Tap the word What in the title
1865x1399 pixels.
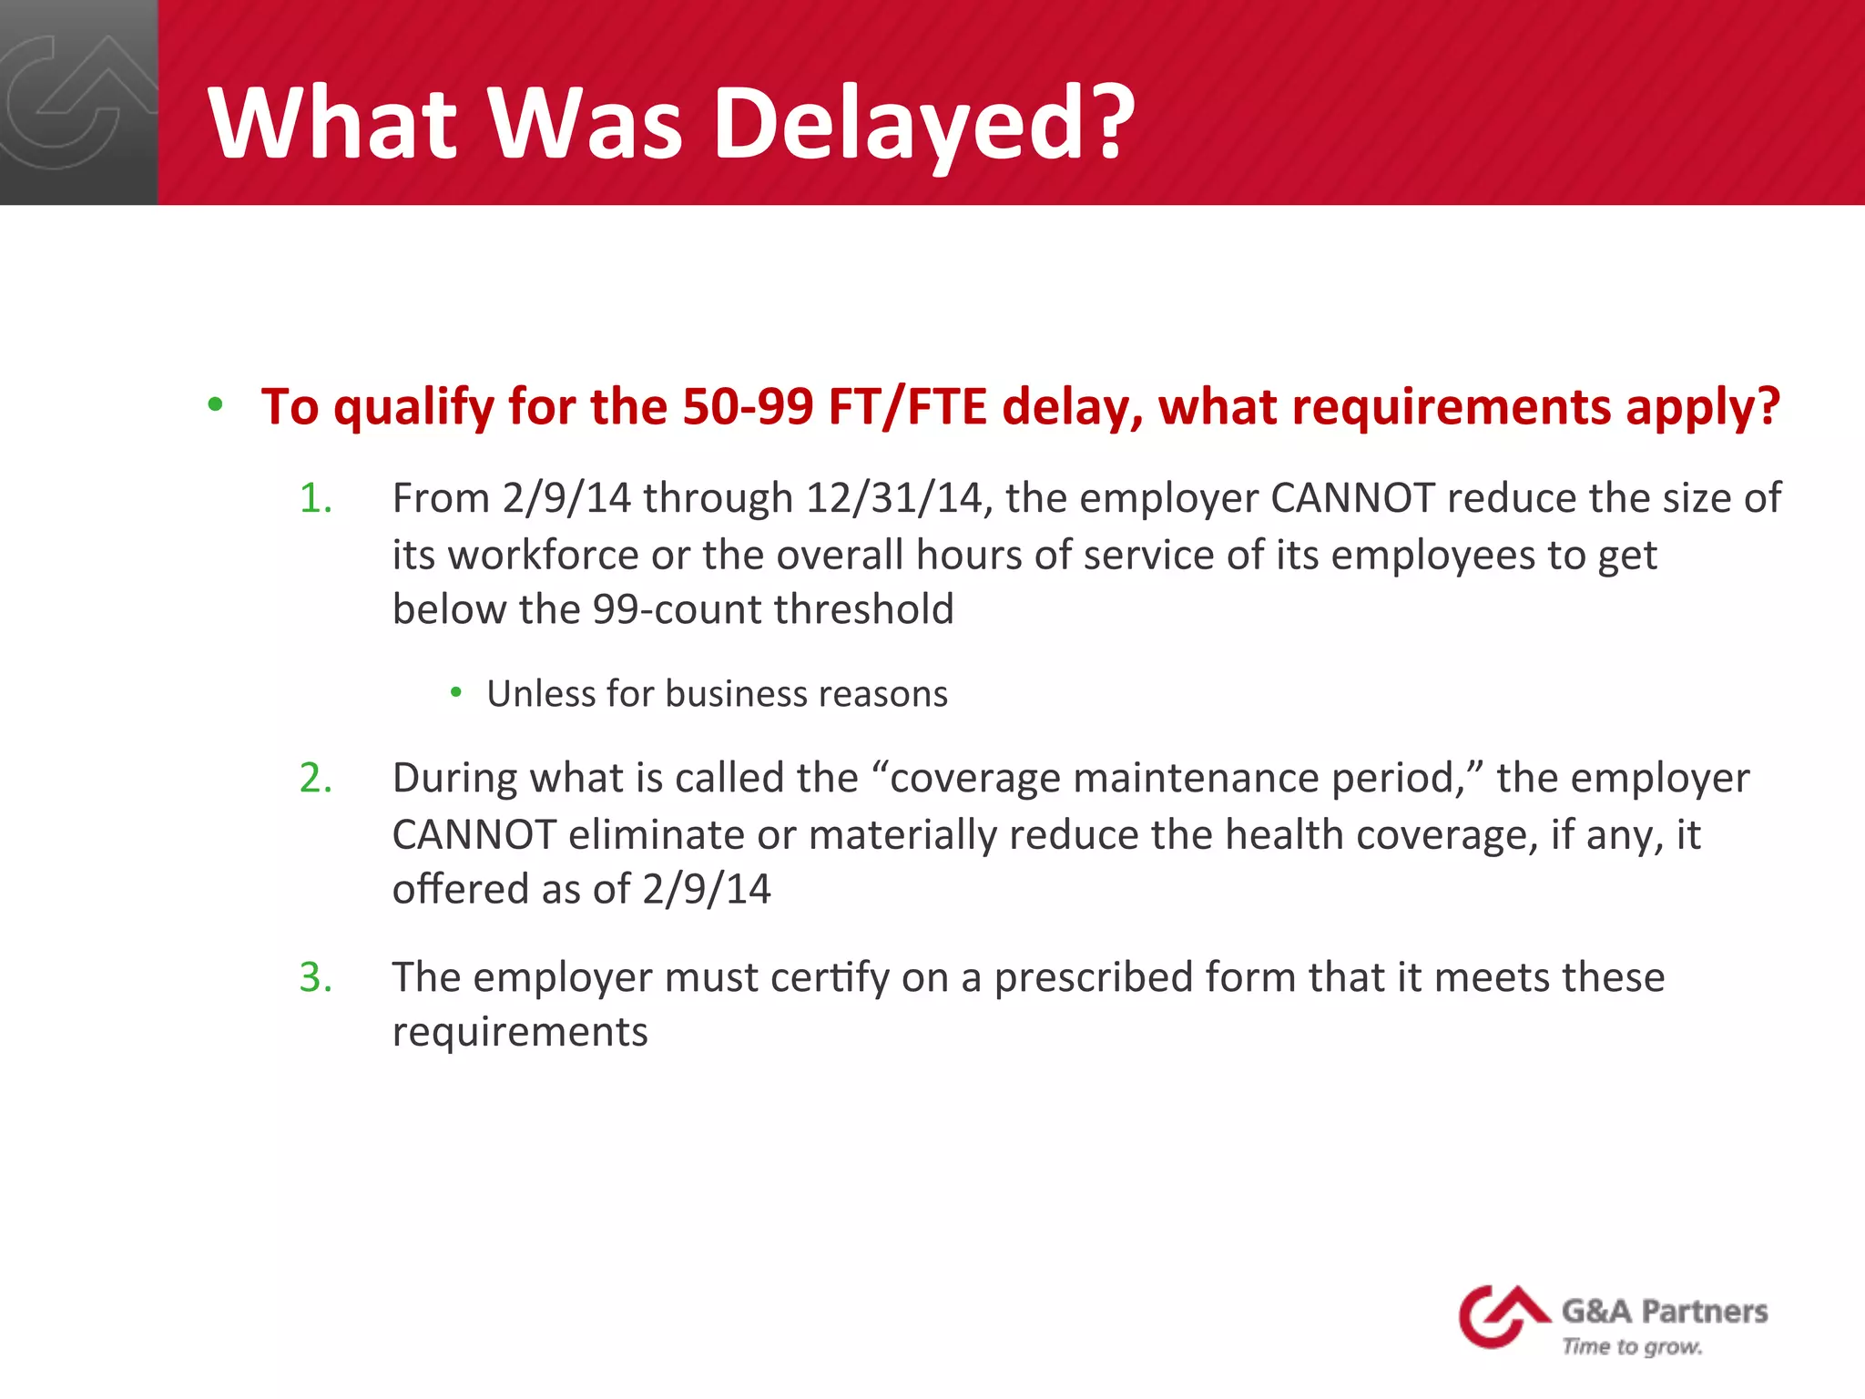point(332,123)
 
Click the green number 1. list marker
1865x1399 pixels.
point(315,499)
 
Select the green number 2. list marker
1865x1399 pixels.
point(315,779)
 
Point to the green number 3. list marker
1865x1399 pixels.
point(315,978)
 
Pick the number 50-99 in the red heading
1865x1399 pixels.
point(747,407)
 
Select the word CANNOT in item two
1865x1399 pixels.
point(474,835)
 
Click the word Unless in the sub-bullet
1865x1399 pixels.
point(541,694)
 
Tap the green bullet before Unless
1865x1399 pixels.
point(456,694)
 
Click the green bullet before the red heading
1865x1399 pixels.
point(215,405)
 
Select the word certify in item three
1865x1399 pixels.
point(830,978)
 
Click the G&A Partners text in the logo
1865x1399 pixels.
point(1665,1312)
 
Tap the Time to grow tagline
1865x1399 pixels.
point(1632,1346)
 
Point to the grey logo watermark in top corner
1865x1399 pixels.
point(77,102)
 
